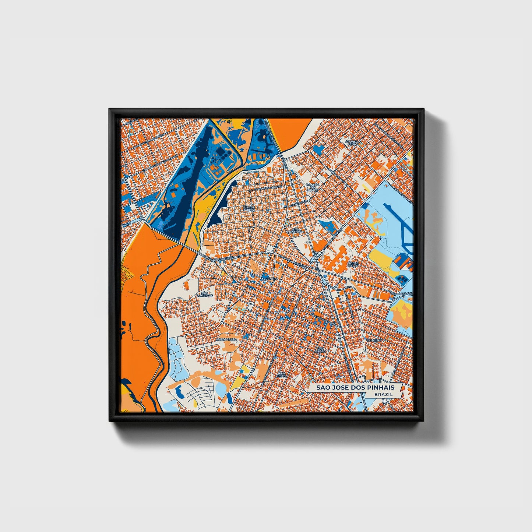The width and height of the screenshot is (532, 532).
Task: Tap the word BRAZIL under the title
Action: click(383, 394)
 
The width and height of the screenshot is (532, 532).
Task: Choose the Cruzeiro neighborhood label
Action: click(373, 340)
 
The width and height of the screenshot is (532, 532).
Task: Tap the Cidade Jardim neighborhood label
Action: click(249, 208)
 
